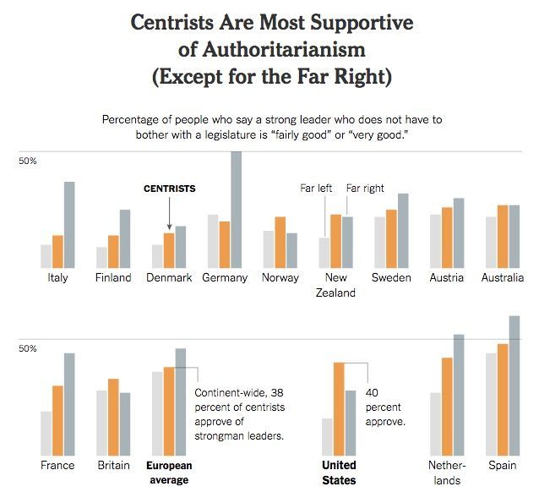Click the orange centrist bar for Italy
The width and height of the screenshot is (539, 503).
(x=58, y=250)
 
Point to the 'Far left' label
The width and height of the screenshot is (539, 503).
(x=317, y=189)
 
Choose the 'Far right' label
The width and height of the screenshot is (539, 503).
(x=365, y=189)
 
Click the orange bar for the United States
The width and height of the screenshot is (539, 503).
(x=339, y=409)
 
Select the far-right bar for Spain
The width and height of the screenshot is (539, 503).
(x=514, y=385)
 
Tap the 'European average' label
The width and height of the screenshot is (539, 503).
(x=169, y=473)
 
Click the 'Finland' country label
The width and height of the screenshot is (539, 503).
(x=113, y=278)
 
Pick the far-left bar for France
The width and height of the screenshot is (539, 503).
(x=46, y=434)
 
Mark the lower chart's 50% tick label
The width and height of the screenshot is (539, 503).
(x=27, y=347)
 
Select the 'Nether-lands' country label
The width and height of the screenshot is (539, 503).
(x=447, y=473)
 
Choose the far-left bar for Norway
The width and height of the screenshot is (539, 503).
(x=269, y=248)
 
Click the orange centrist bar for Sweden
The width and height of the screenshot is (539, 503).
(x=390, y=238)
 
